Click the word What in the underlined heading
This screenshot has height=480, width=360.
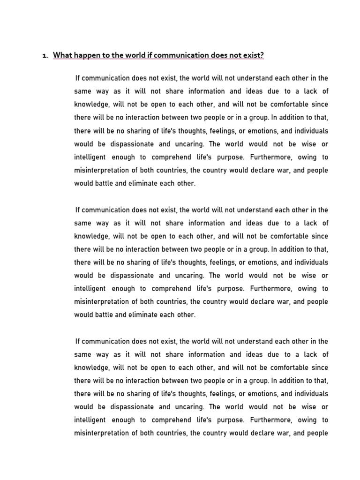(x=62, y=55)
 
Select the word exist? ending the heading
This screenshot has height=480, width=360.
(x=253, y=55)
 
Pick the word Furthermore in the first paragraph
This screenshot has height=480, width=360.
(x=273, y=157)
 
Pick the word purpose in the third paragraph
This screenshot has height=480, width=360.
(x=227, y=420)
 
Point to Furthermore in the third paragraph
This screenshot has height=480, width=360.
(x=273, y=420)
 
